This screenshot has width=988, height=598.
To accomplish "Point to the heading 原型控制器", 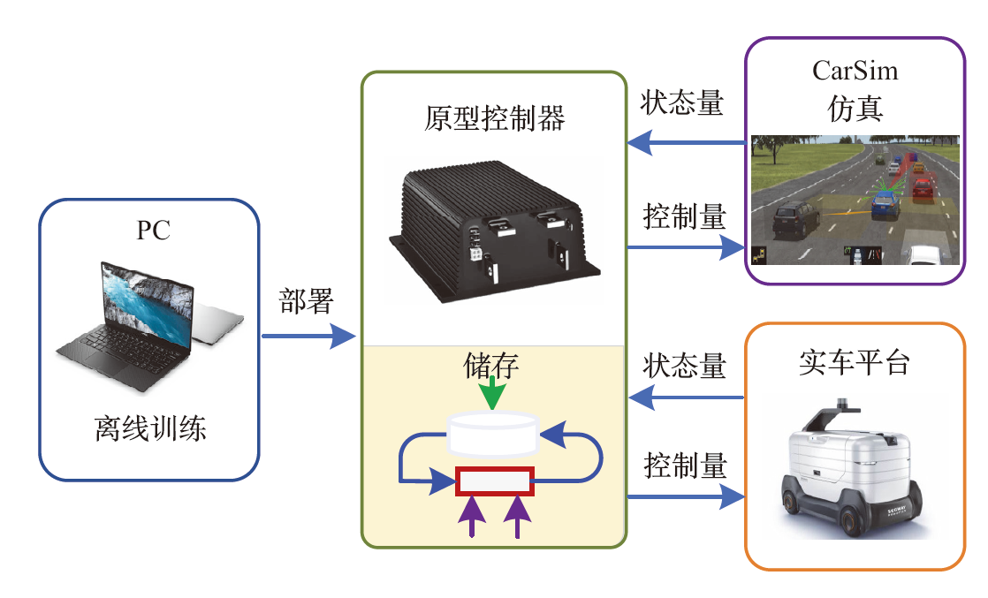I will [494, 117].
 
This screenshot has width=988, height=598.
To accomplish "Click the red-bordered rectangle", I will [495, 482].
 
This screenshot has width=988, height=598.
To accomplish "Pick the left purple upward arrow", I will [475, 516].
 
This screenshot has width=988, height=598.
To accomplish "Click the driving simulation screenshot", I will [854, 201].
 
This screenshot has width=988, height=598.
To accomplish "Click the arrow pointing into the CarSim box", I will [686, 248].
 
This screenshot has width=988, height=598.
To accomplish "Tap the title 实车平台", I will [853, 362].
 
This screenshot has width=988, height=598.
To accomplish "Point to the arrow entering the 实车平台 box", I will [686, 496].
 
